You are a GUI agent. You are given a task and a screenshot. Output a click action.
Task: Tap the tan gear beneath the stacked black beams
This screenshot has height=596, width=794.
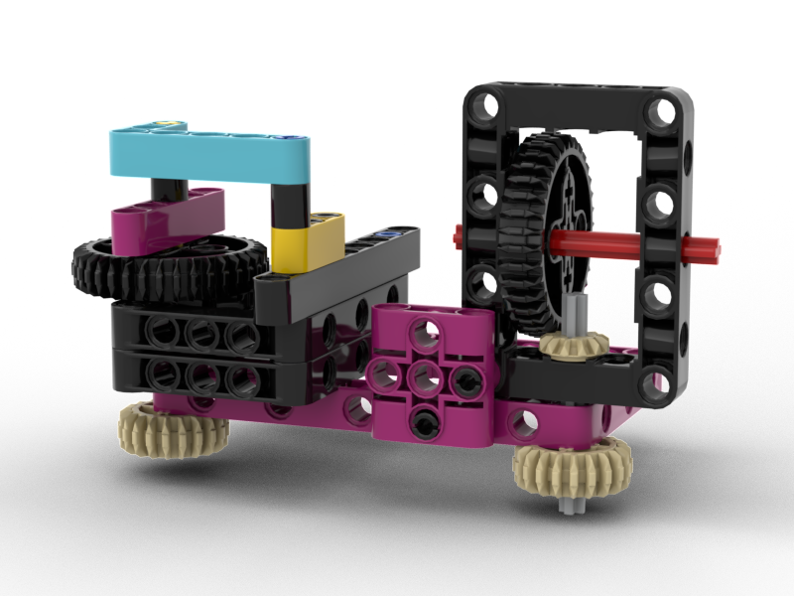[174, 424]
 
